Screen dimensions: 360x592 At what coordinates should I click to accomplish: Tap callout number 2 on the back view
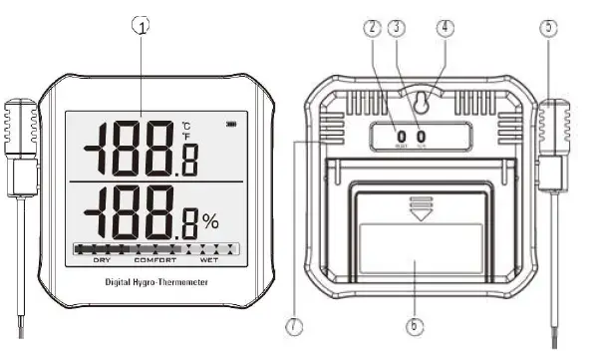pos(372,27)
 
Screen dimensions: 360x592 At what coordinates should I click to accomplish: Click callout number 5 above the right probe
pos(547,28)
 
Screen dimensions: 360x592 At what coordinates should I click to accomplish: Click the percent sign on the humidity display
pos(210,220)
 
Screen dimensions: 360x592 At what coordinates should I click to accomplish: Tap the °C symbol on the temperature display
pos(184,126)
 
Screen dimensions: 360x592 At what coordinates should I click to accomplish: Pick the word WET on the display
pos(209,261)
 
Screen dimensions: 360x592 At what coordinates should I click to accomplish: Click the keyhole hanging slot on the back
pos(424,102)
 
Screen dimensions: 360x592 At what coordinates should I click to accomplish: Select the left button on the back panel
pos(401,137)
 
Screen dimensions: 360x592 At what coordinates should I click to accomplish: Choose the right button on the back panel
pos(422,137)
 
